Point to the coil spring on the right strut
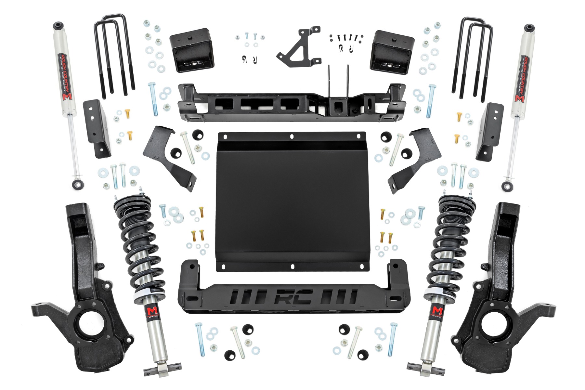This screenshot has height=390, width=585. tap(448, 240)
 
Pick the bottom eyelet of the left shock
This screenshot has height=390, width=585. tap(78, 185)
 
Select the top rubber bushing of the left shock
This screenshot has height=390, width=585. tap(58, 25)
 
